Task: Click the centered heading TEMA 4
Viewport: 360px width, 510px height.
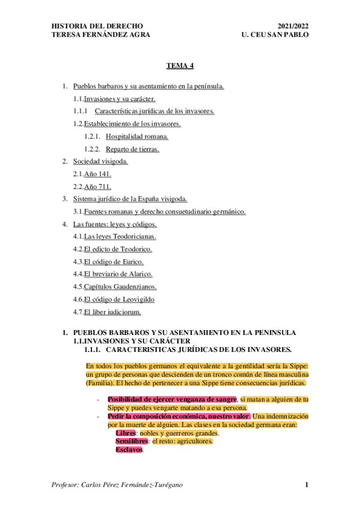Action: (x=180, y=67)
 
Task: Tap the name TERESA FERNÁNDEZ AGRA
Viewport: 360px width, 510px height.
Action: (x=101, y=35)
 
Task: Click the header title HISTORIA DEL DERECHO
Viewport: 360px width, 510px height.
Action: (x=98, y=26)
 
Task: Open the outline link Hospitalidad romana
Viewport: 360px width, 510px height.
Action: (x=132, y=137)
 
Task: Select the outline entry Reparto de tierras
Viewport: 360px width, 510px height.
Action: (x=132, y=149)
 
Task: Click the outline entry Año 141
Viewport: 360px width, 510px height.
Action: (x=97, y=174)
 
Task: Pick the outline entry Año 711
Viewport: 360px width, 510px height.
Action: (x=97, y=186)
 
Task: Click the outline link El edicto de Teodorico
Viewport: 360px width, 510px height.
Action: (x=118, y=248)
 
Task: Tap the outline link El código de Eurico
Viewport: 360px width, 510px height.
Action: (x=114, y=261)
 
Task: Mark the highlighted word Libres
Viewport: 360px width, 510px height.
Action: (x=126, y=433)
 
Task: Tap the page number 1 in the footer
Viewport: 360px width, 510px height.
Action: (x=307, y=485)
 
